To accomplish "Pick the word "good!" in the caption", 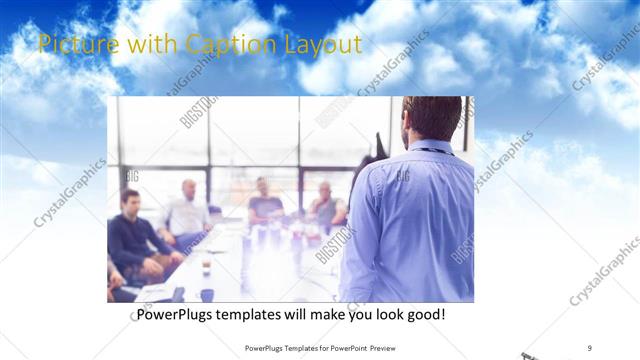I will coord(425,314).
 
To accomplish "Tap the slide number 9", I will coord(589,347).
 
